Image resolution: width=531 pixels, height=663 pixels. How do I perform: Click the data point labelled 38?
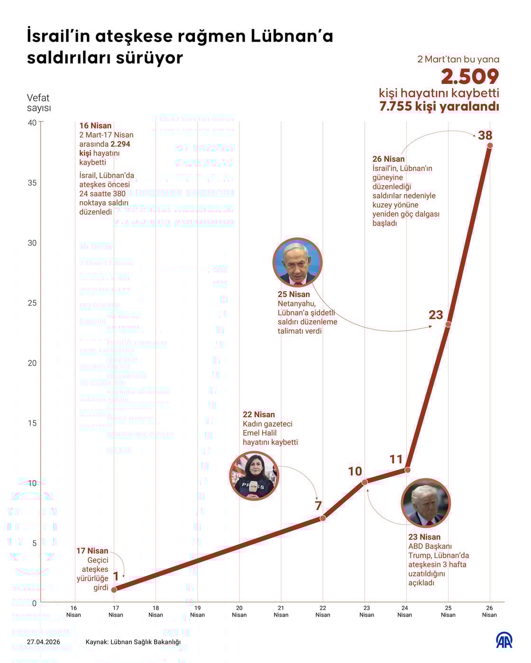(490, 145)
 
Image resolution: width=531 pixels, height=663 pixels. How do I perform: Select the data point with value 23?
(448, 324)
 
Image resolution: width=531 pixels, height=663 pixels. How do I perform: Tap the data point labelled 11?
(407, 470)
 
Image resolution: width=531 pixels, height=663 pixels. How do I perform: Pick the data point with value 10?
(365, 482)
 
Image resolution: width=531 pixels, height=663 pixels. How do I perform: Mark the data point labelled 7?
(323, 519)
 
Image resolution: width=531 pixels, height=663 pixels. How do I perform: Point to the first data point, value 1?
(114, 590)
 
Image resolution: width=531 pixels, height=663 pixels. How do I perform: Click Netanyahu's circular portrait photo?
(298, 262)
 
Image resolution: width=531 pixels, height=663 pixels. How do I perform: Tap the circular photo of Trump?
(425, 503)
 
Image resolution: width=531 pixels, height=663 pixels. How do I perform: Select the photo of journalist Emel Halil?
(254, 476)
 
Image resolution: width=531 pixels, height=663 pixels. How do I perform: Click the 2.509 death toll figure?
(470, 77)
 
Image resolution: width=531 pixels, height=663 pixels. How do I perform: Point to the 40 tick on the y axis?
(32, 123)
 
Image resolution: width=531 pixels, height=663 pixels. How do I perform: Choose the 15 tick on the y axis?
(32, 423)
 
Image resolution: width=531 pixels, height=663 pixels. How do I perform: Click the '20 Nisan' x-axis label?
(239, 611)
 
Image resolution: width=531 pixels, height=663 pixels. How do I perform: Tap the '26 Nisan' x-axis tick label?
(489, 611)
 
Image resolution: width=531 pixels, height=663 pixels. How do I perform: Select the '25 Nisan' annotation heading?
(293, 294)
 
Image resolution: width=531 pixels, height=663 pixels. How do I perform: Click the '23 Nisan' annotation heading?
(424, 537)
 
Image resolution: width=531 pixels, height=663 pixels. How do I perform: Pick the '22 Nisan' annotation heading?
(258, 414)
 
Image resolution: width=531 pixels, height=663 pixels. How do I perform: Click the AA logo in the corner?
(504, 640)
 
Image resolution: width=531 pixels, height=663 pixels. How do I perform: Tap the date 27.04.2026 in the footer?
(44, 642)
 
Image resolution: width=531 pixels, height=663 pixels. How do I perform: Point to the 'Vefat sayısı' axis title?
(38, 103)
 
